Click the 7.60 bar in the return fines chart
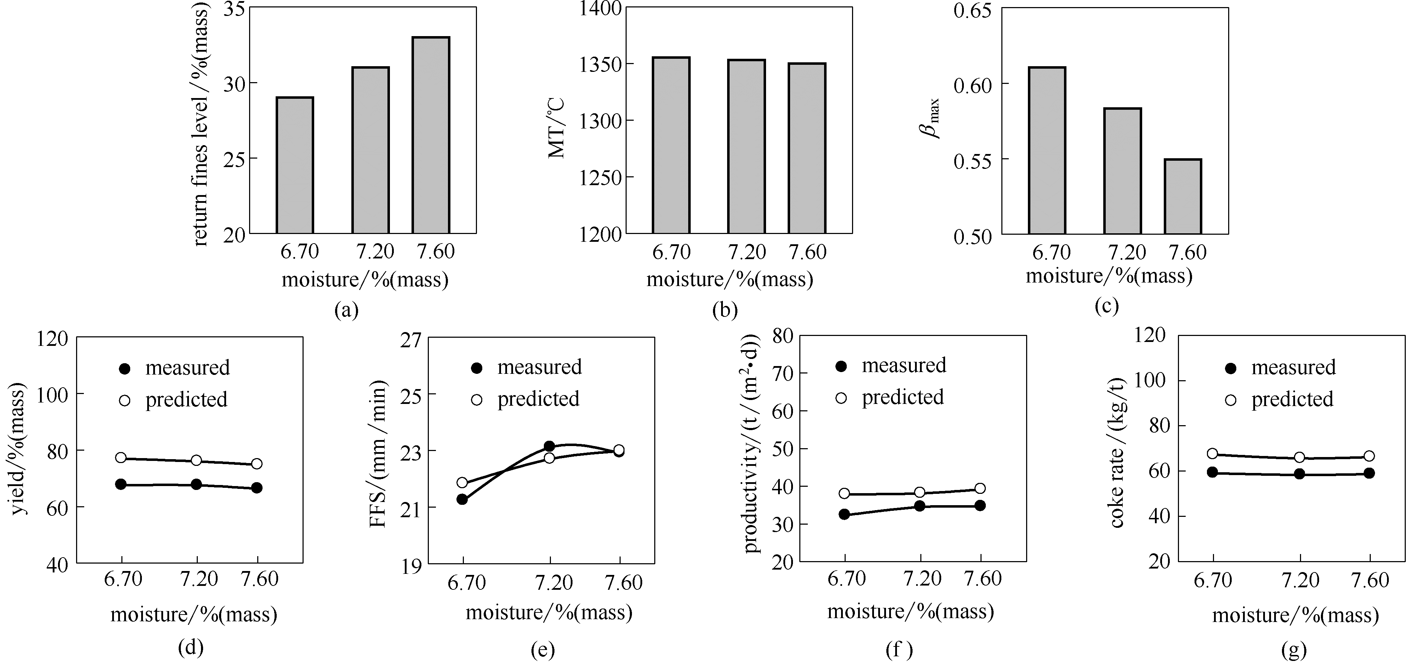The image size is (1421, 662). (x=431, y=135)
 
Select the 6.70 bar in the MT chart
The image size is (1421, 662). (x=671, y=145)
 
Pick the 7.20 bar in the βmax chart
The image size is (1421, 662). (x=1123, y=171)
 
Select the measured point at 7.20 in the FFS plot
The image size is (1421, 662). (x=549, y=446)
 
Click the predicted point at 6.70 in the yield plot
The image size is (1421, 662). (x=121, y=458)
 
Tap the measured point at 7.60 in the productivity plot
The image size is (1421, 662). (x=980, y=505)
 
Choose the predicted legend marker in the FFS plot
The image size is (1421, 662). (x=477, y=399)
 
